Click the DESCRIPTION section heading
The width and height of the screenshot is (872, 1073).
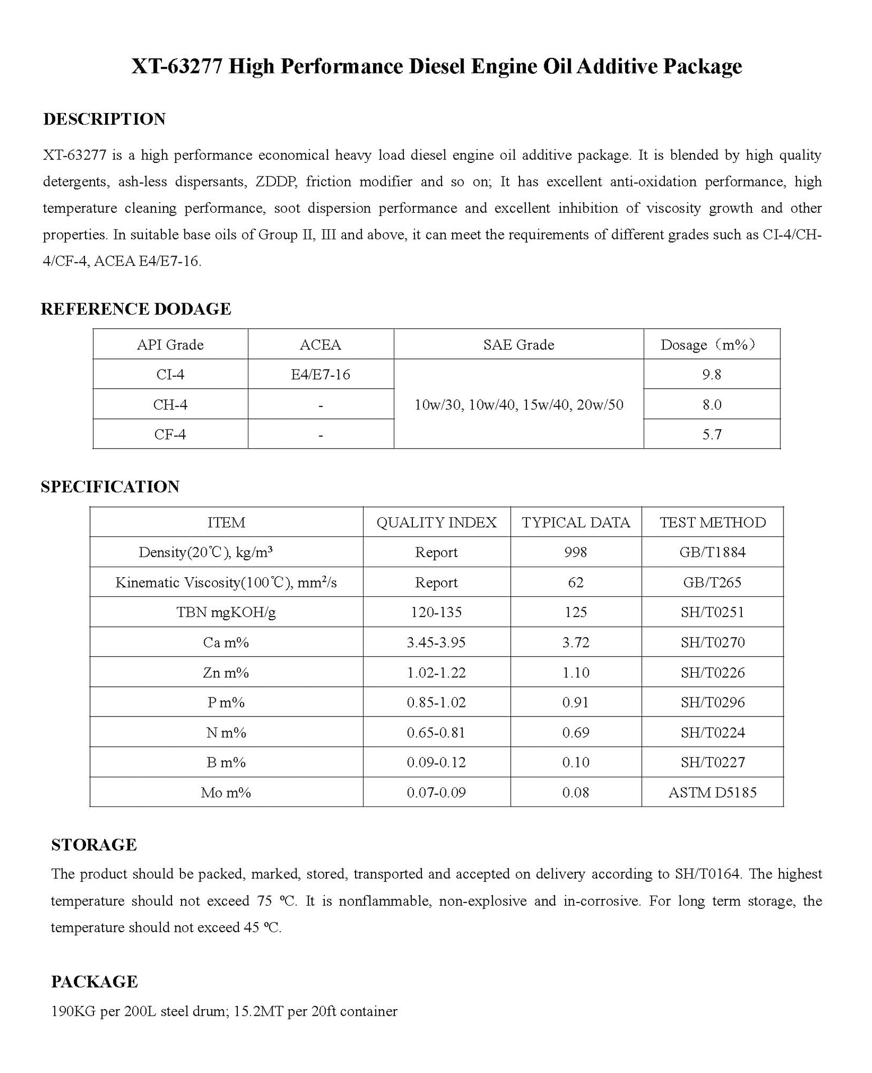click(104, 119)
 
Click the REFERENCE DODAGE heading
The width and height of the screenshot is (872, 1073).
click(136, 309)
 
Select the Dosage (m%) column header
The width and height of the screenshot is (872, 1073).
click(711, 344)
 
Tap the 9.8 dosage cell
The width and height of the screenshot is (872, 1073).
click(712, 374)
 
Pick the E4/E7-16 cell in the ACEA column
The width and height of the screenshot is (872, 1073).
click(320, 374)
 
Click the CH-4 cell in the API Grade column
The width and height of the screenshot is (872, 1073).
click(170, 404)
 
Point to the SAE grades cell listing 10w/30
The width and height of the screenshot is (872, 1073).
click(518, 404)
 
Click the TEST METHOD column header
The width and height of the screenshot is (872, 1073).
click(712, 522)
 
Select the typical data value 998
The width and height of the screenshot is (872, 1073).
click(575, 552)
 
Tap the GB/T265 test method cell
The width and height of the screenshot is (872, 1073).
click(712, 582)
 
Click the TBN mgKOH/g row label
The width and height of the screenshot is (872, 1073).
click(226, 612)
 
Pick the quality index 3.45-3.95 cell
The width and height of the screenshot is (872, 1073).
click(436, 642)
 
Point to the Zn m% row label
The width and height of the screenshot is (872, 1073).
click(226, 672)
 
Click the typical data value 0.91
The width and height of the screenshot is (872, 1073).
click(575, 702)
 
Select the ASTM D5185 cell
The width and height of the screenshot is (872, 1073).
click(712, 792)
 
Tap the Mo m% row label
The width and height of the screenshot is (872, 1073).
click(226, 792)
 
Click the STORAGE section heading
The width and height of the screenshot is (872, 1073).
click(94, 845)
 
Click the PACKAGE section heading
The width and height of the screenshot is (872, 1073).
click(95, 981)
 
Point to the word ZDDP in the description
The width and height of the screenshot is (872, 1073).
click(276, 182)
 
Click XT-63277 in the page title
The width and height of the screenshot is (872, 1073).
click(177, 66)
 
